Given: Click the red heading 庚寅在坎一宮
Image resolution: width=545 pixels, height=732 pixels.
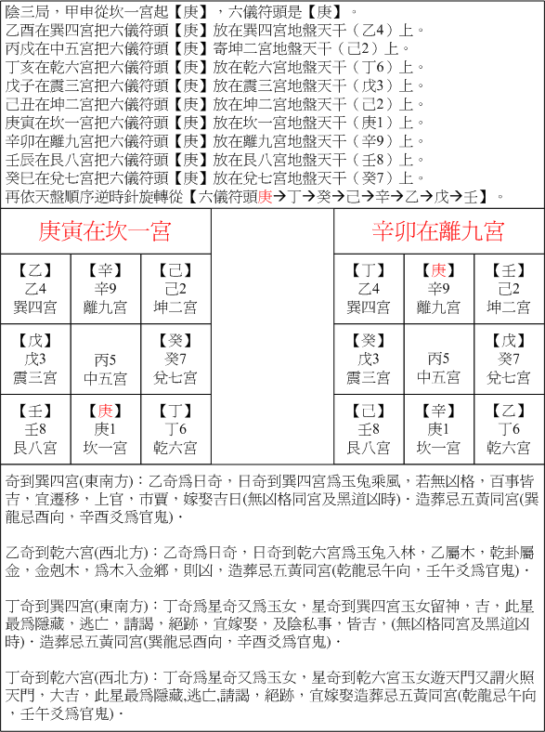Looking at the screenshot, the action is (x=106, y=230).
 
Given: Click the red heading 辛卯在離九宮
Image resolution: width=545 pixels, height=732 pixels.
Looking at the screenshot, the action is (x=439, y=230).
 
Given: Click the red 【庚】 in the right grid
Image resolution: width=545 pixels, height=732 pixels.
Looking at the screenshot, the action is (x=439, y=270).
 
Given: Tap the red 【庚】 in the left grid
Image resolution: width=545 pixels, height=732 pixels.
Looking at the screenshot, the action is (x=106, y=411).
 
